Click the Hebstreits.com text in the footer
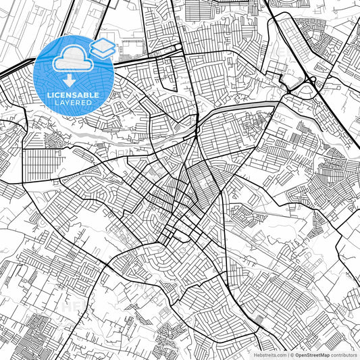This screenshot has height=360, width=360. [x=269, y=355]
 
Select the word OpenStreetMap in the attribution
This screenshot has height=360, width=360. [x=311, y=355]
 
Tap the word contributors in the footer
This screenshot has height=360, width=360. [x=344, y=355]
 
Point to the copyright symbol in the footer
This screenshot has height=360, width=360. [x=291, y=355]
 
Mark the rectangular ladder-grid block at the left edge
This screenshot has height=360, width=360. [x=36, y=163]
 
